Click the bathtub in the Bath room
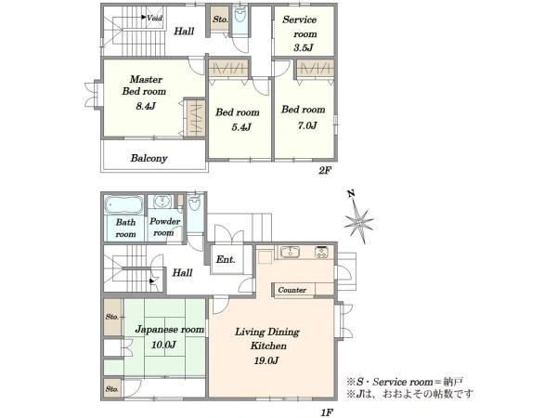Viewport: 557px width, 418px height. pos(123,205)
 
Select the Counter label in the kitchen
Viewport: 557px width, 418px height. pos(292,290)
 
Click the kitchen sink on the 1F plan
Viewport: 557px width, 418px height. pos(290,252)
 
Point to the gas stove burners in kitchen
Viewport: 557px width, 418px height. pos(322,252)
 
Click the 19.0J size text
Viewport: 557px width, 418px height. pos(266,360)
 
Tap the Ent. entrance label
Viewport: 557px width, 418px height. pos(226,260)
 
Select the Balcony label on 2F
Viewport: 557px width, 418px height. pos(149,158)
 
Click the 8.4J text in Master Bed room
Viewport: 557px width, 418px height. pos(146,106)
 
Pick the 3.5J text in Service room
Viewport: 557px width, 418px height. pos(303,47)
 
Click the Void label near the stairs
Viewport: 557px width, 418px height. pos(154,18)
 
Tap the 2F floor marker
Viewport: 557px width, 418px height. pos(325,170)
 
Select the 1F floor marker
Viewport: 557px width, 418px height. pos(327,412)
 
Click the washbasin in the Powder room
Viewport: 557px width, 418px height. pos(163,202)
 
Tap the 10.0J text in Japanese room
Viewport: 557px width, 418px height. pos(163,345)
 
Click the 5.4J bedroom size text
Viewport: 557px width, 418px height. pos(241,127)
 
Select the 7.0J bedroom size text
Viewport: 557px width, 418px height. pos(307,125)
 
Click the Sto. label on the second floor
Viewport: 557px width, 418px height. pos(220,20)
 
